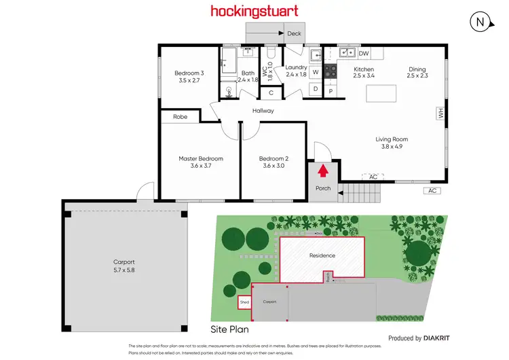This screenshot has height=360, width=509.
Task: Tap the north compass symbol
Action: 480,22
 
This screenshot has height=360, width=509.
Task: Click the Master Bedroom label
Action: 201,163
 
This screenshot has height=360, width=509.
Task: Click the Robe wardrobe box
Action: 180,117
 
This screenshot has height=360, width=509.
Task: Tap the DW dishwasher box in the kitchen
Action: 364,53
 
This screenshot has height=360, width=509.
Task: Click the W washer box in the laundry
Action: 316,72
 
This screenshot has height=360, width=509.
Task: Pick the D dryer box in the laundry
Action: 316,88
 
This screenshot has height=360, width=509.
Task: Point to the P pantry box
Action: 331,90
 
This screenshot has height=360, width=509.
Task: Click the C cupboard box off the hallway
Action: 271,93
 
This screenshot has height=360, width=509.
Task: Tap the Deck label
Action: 294,33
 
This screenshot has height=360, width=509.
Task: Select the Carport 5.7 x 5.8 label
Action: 124,266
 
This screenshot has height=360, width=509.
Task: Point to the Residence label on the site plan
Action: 322,255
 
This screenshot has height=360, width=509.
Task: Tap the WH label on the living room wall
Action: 440,115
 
